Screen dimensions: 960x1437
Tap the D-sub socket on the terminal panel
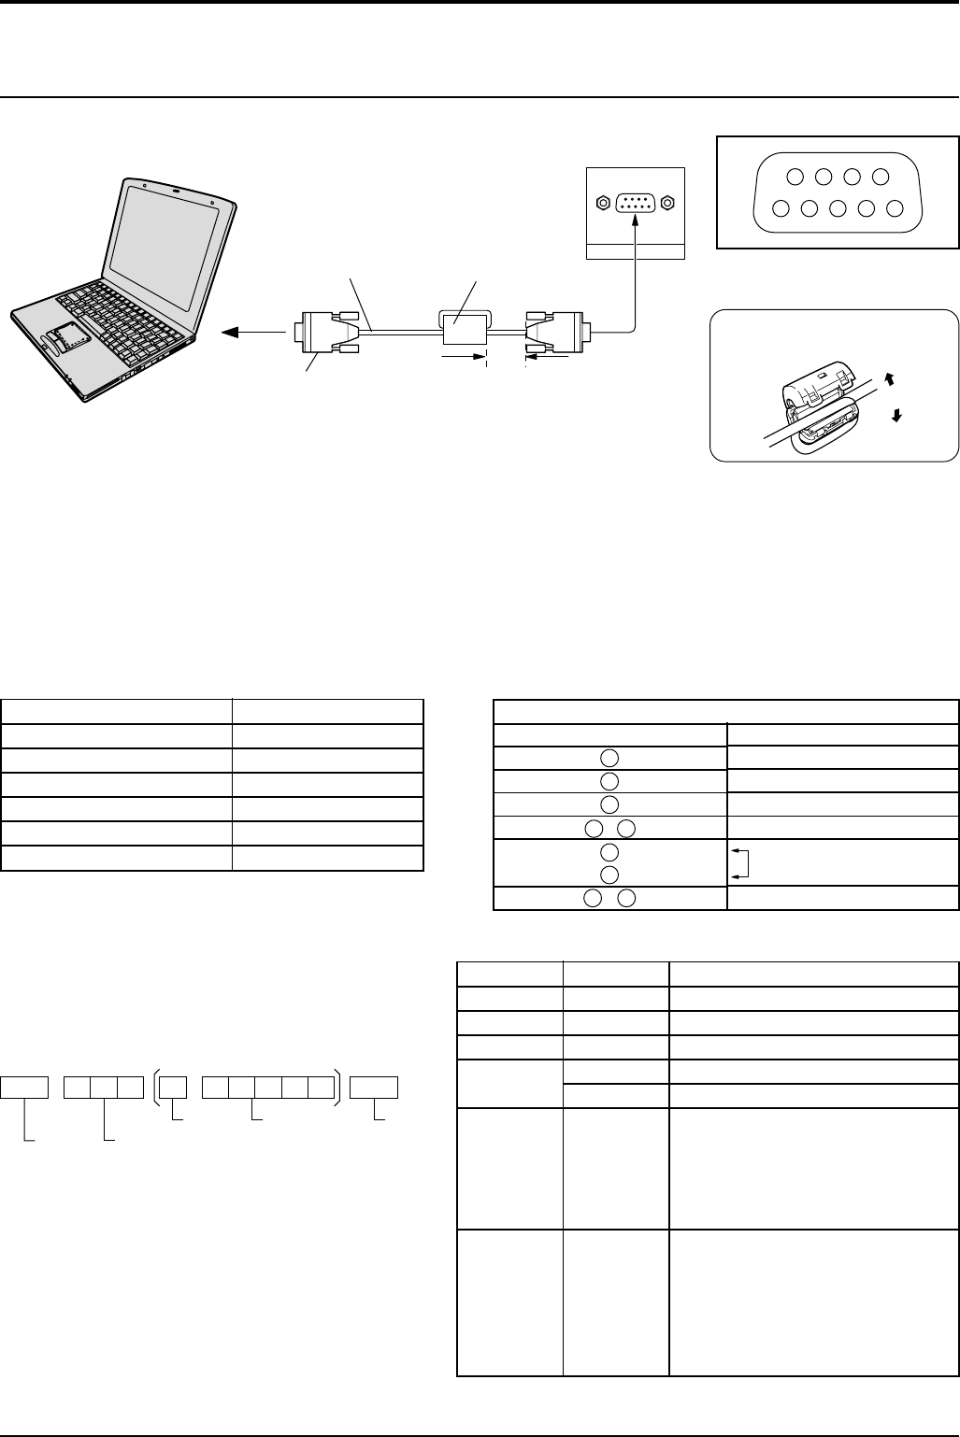[636, 202]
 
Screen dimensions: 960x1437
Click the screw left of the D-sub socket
[603, 202]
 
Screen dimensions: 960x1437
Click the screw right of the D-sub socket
[668, 202]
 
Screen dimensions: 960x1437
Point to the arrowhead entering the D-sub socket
[636, 220]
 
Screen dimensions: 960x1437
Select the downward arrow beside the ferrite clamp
[897, 417]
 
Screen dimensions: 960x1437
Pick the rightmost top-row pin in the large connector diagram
[880, 177]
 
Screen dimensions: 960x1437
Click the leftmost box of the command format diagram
[24, 1087]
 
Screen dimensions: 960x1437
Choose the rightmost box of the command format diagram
[374, 1087]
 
